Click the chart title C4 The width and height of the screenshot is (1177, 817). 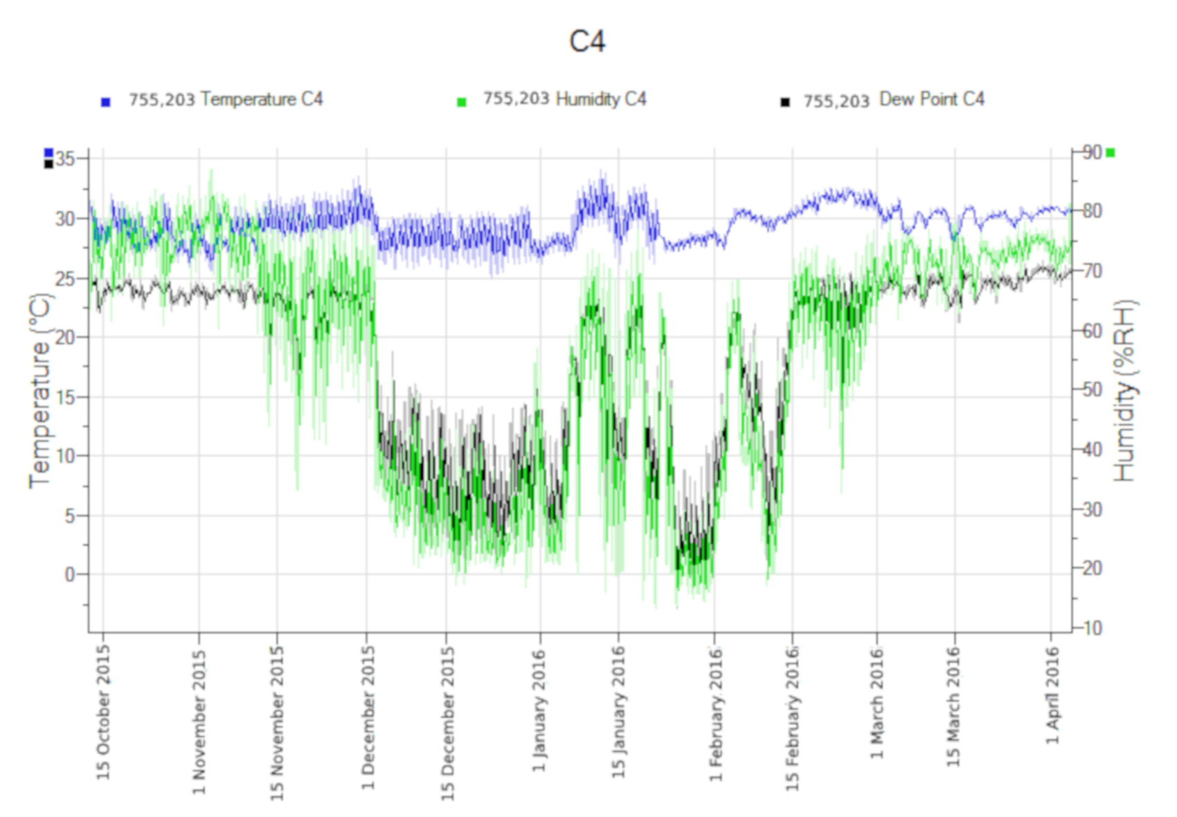point(586,42)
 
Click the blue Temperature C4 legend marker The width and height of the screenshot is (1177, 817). point(105,102)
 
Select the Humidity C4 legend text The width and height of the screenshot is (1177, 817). point(564,100)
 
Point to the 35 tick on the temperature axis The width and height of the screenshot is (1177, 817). point(66,158)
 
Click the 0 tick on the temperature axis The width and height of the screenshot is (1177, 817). point(70,574)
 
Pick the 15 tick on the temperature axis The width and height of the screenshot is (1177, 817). point(66,397)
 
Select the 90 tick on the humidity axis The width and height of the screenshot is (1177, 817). point(1093,152)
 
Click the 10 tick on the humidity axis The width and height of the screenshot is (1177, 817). point(1093,628)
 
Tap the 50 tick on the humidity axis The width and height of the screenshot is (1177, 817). point(1093,390)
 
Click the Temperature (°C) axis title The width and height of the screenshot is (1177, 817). point(40,391)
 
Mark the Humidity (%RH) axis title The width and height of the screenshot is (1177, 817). point(1125,391)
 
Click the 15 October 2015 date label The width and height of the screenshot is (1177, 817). point(103,713)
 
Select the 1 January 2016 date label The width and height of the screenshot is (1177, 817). point(539,711)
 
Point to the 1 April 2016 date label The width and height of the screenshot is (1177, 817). point(1053,695)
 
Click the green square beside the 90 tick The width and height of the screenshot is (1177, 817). point(1111,153)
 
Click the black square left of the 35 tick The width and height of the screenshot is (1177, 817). point(48,164)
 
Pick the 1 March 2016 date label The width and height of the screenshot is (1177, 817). point(877,703)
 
